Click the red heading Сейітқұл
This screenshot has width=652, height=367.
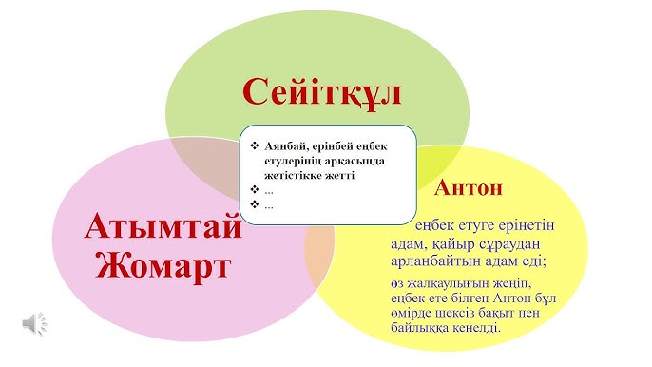(x=321, y=91)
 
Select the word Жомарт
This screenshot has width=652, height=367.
(x=163, y=264)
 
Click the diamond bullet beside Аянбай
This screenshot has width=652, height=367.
(x=254, y=145)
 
